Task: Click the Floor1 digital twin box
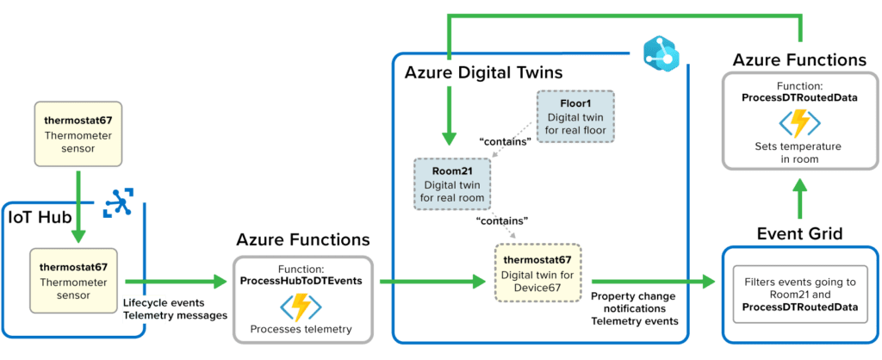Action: click(575, 117)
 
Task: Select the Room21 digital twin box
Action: click(452, 183)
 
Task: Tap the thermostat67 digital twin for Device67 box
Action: click(537, 274)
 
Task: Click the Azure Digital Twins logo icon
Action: click(660, 57)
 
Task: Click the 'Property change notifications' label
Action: click(633, 302)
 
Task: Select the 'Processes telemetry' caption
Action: click(301, 329)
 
